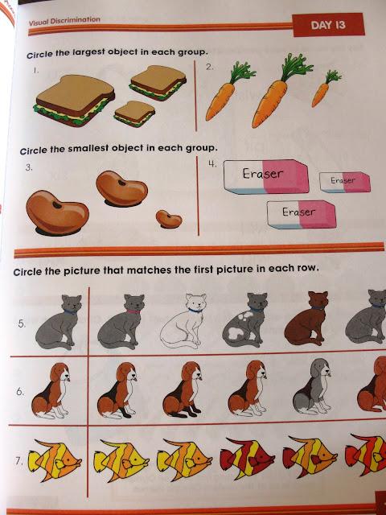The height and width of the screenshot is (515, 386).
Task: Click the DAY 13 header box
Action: coord(328,25)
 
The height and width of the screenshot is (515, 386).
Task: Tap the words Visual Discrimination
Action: coord(64,21)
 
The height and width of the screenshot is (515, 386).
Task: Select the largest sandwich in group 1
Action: coord(74,100)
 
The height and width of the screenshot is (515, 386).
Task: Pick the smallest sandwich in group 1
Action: coord(134,113)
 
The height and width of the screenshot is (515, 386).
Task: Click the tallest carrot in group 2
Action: coord(279,91)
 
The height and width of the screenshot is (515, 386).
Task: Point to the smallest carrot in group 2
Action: coord(325,89)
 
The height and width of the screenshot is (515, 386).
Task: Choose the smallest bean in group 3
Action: coord(169,220)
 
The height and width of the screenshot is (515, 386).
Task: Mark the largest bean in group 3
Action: coord(57,212)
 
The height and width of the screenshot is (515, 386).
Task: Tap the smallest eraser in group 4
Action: coord(345,182)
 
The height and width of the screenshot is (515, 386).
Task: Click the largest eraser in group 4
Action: coord(266,177)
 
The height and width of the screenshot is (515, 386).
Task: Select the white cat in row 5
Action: coord(183,320)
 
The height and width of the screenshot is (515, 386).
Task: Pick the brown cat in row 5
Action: coord(306,319)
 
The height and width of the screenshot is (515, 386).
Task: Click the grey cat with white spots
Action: coord(245,320)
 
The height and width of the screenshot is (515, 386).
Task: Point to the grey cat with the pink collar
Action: coord(121,322)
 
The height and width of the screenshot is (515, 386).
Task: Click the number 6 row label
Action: coord(19,392)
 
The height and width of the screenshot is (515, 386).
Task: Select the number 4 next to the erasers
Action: coord(212,163)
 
